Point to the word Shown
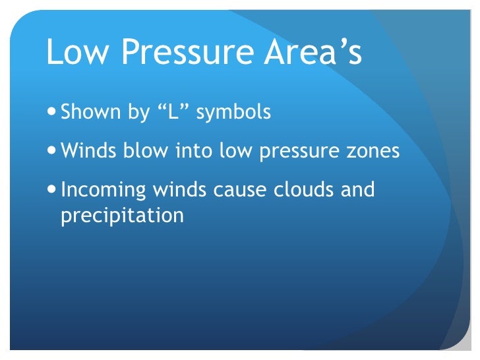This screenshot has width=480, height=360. [x=88, y=113]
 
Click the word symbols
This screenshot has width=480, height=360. [x=235, y=113]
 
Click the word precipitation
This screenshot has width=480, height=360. [x=122, y=216]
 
